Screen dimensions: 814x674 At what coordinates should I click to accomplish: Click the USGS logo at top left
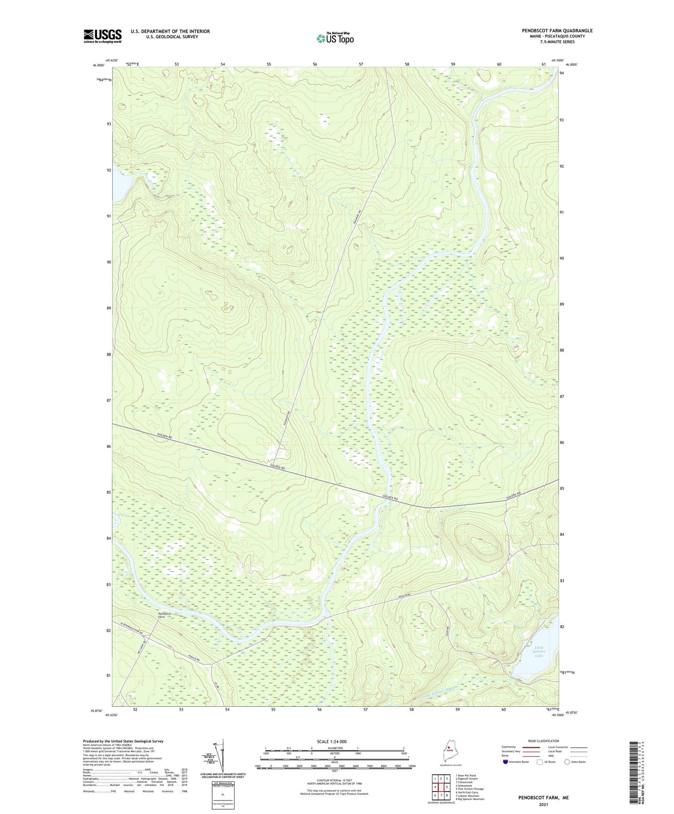(103, 36)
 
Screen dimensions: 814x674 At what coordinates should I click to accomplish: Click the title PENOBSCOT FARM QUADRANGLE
(557, 31)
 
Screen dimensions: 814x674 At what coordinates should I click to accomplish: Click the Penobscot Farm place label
(165, 615)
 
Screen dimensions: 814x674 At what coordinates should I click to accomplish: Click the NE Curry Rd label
(143, 648)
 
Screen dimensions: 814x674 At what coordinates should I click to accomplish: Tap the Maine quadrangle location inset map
(450, 752)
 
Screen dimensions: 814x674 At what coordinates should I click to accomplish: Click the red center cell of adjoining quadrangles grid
(441, 787)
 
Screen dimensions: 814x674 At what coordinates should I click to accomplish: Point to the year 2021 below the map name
(543, 805)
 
